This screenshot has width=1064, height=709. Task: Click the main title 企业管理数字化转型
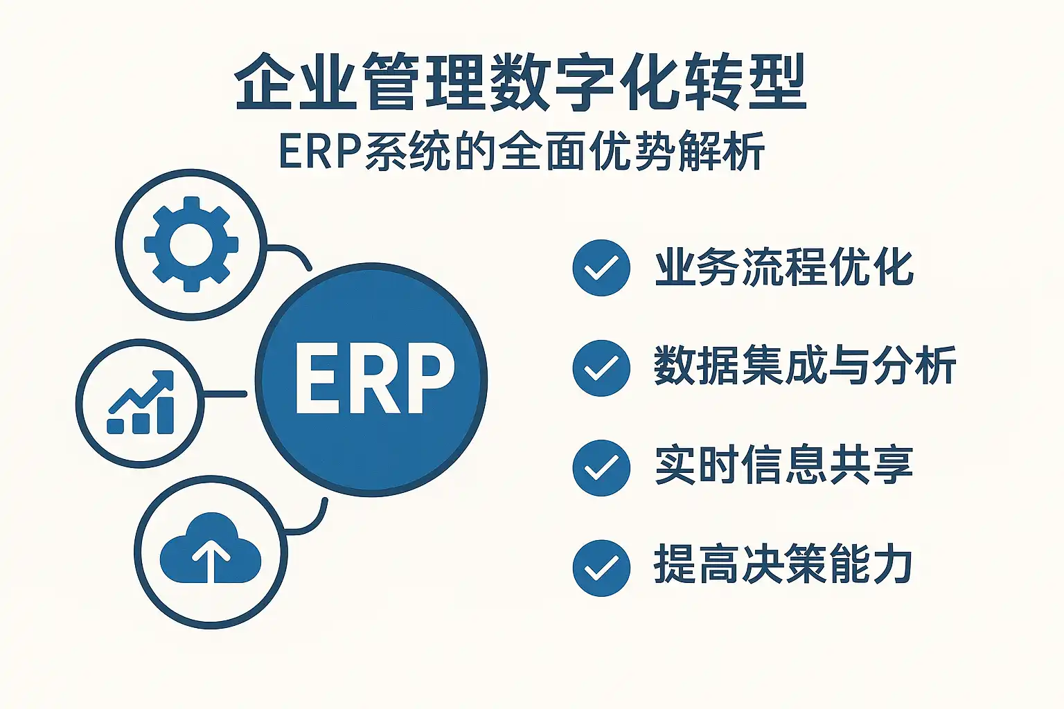click(x=521, y=82)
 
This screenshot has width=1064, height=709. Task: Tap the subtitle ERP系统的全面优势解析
click(x=521, y=151)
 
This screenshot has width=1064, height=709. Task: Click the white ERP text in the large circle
click(x=373, y=379)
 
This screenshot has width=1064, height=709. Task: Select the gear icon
click(x=190, y=244)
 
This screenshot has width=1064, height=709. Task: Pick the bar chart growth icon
click(x=141, y=403)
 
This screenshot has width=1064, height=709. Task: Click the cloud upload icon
click(x=211, y=550)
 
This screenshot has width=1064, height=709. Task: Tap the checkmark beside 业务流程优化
click(x=601, y=268)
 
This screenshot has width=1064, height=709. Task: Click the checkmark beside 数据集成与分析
click(x=601, y=368)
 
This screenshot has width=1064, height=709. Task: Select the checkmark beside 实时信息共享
click(x=601, y=468)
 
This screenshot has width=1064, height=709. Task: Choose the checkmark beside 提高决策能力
click(x=601, y=568)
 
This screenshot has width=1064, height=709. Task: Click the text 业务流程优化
click(x=784, y=267)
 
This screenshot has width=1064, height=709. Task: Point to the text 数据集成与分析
click(x=805, y=366)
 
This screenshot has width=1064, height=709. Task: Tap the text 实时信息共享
click(x=784, y=465)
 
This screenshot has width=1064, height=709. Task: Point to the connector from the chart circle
click(x=225, y=394)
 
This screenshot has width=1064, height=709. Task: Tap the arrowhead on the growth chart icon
click(x=165, y=379)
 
